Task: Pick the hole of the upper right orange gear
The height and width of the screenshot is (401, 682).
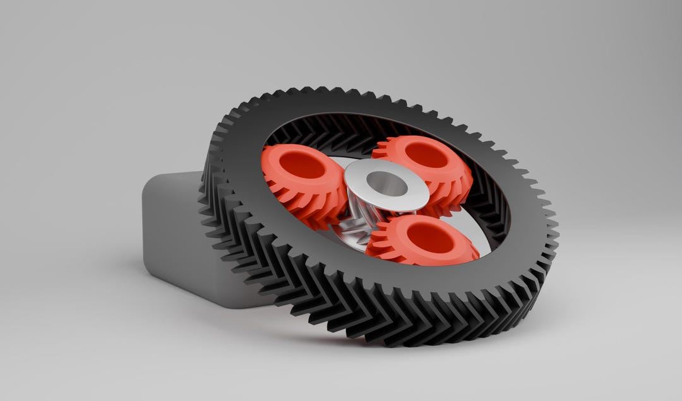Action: pyautogui.click(x=428, y=154)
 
